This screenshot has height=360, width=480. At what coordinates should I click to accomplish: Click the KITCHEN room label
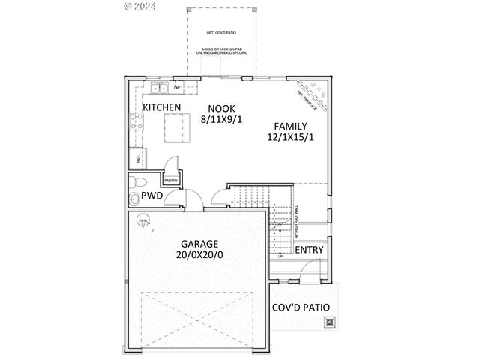click(x=162, y=108)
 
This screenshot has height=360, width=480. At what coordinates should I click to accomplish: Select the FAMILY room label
click(x=290, y=125)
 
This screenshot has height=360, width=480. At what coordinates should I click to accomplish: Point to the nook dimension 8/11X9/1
click(x=221, y=119)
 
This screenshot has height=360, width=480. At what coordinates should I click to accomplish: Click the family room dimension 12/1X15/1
click(x=290, y=137)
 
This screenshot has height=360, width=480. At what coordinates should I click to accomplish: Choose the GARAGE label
click(x=199, y=244)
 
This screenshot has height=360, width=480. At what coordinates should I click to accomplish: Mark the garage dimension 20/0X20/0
click(x=199, y=255)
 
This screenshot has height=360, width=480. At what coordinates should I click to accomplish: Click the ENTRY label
click(x=309, y=250)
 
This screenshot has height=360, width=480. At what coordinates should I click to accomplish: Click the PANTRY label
click(x=170, y=180)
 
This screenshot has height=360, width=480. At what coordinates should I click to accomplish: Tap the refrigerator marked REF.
click(x=138, y=158)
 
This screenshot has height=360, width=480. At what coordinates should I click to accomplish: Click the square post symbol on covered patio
click(x=328, y=323)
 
